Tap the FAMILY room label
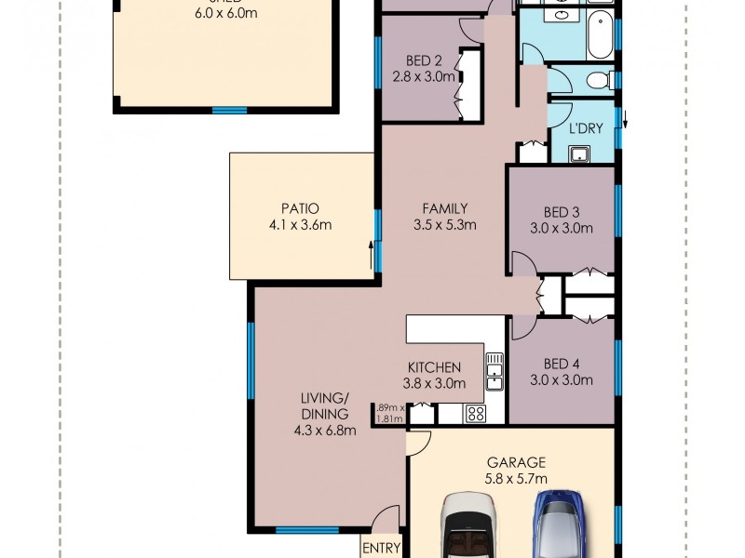(444, 208)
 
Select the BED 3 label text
(561, 210)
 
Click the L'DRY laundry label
(585, 129)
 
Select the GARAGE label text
(515, 462)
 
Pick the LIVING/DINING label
(324, 405)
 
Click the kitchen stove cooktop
(474, 414)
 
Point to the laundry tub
(580, 153)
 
